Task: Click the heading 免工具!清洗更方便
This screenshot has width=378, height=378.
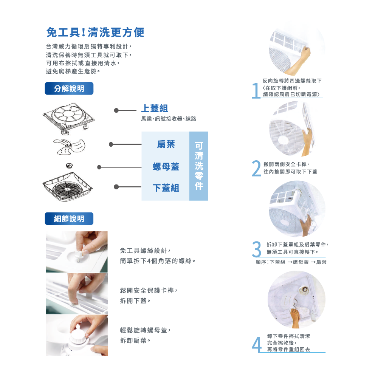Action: [x=95, y=32]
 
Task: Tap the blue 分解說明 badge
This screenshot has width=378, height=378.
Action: [x=69, y=88]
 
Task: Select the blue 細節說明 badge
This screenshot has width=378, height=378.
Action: [x=69, y=218]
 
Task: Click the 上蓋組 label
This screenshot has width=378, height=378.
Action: [x=155, y=108]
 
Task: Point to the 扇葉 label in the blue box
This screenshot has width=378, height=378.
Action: [x=166, y=144]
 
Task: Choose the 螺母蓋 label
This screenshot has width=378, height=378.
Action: [x=166, y=167]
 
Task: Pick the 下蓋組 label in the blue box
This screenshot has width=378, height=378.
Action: [x=166, y=188]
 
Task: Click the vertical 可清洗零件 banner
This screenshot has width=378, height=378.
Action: [x=199, y=166]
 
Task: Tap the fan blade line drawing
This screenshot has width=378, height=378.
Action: [x=69, y=146]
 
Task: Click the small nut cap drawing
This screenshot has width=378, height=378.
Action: [x=69, y=166]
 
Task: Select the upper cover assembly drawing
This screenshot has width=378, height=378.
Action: [x=69, y=118]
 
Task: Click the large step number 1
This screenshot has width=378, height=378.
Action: [x=256, y=91]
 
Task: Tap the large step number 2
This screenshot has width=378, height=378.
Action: [x=257, y=168]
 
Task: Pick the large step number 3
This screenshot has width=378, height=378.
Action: [x=257, y=249]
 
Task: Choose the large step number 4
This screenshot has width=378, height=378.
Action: [x=257, y=345]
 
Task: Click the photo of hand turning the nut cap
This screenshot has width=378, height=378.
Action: [x=77, y=335]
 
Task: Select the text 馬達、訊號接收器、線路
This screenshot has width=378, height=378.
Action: [x=169, y=119]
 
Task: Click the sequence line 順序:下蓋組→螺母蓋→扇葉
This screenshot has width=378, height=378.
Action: [x=291, y=262]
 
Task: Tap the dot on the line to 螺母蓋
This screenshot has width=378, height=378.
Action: [x=99, y=167]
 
